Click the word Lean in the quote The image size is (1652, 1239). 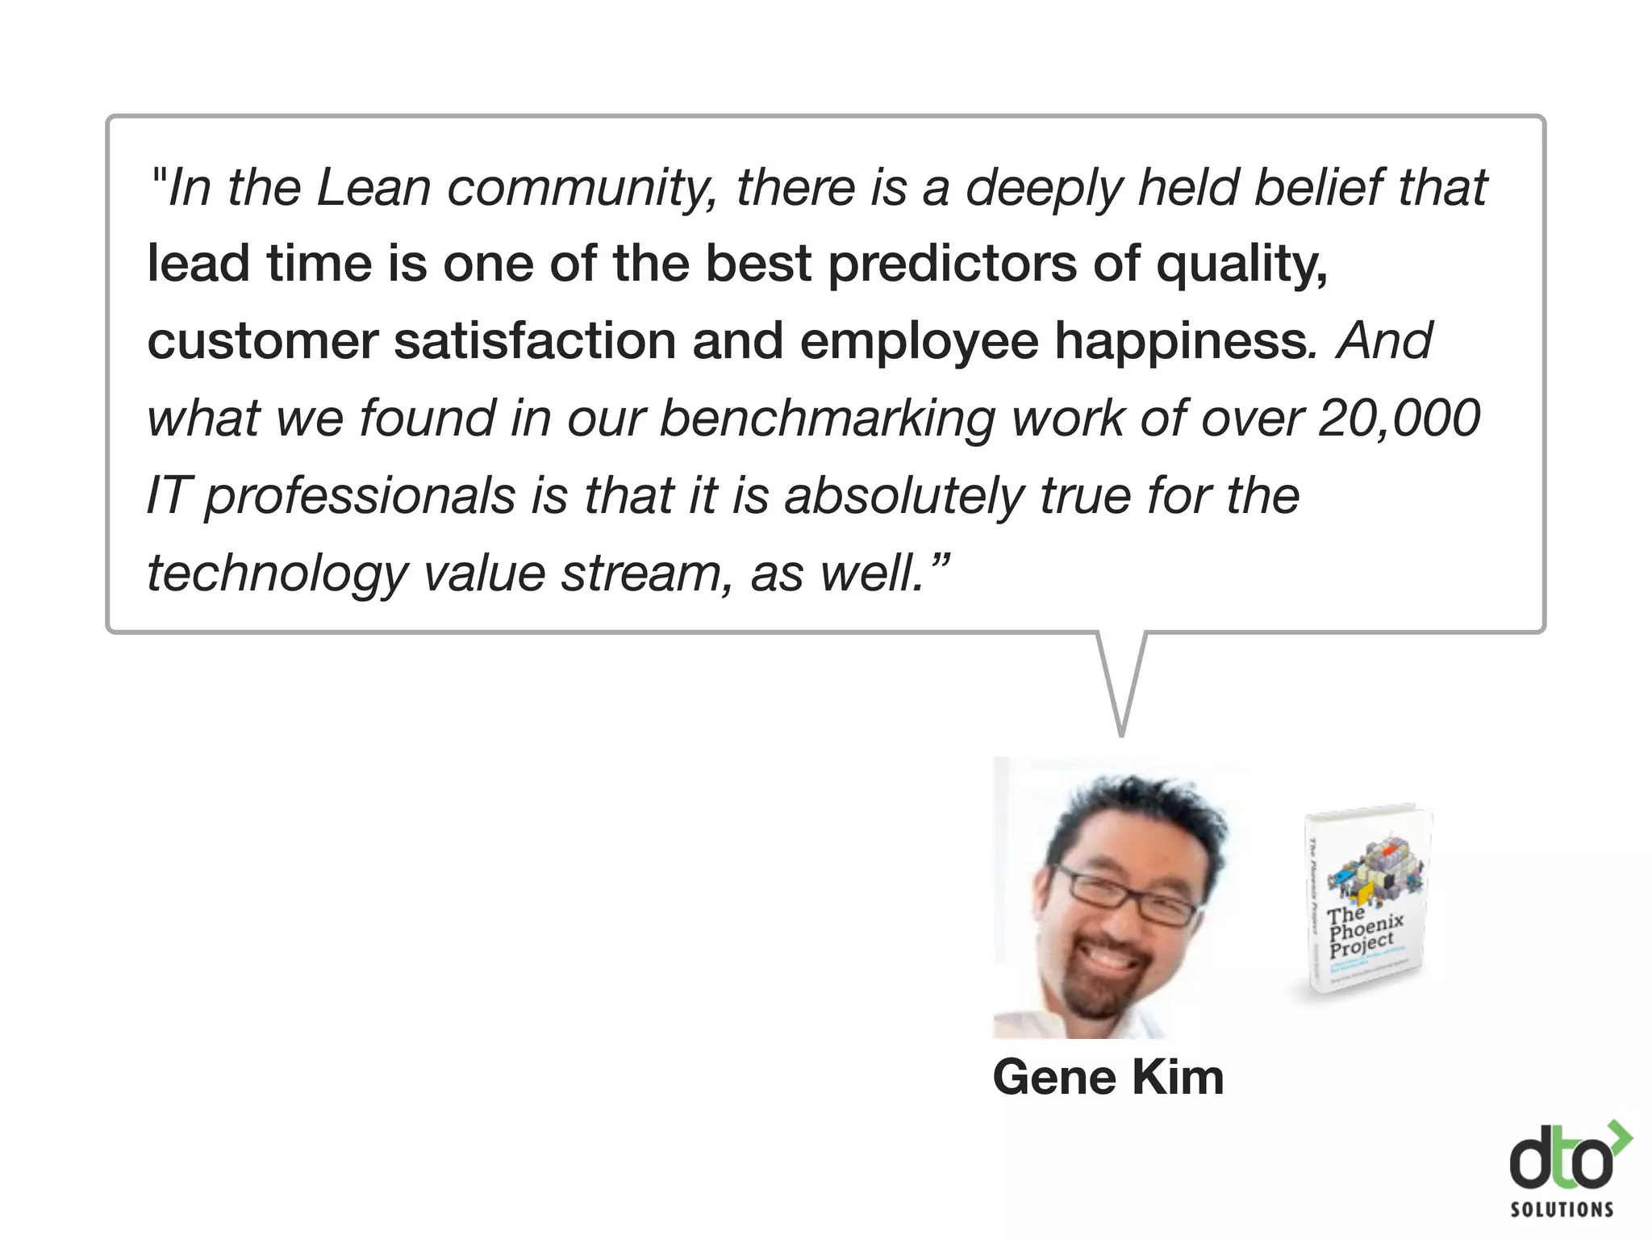click(373, 187)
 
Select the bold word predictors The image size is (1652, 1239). click(952, 265)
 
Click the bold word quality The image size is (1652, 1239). click(1241, 265)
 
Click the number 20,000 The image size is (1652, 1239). click(1399, 418)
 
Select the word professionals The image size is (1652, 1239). click(360, 495)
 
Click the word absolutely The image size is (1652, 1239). click(904, 495)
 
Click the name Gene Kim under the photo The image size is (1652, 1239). click(1108, 1077)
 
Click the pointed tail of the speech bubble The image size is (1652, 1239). click(1121, 694)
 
